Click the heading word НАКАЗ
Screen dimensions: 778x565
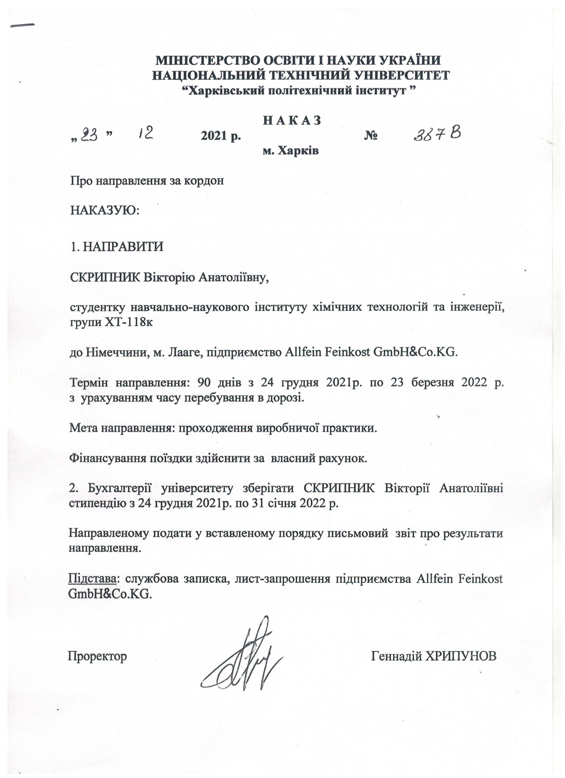coord(292,121)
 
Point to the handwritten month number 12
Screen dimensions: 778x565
coord(145,133)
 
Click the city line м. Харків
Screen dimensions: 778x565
coord(291,150)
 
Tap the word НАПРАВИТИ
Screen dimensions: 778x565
coord(123,247)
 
